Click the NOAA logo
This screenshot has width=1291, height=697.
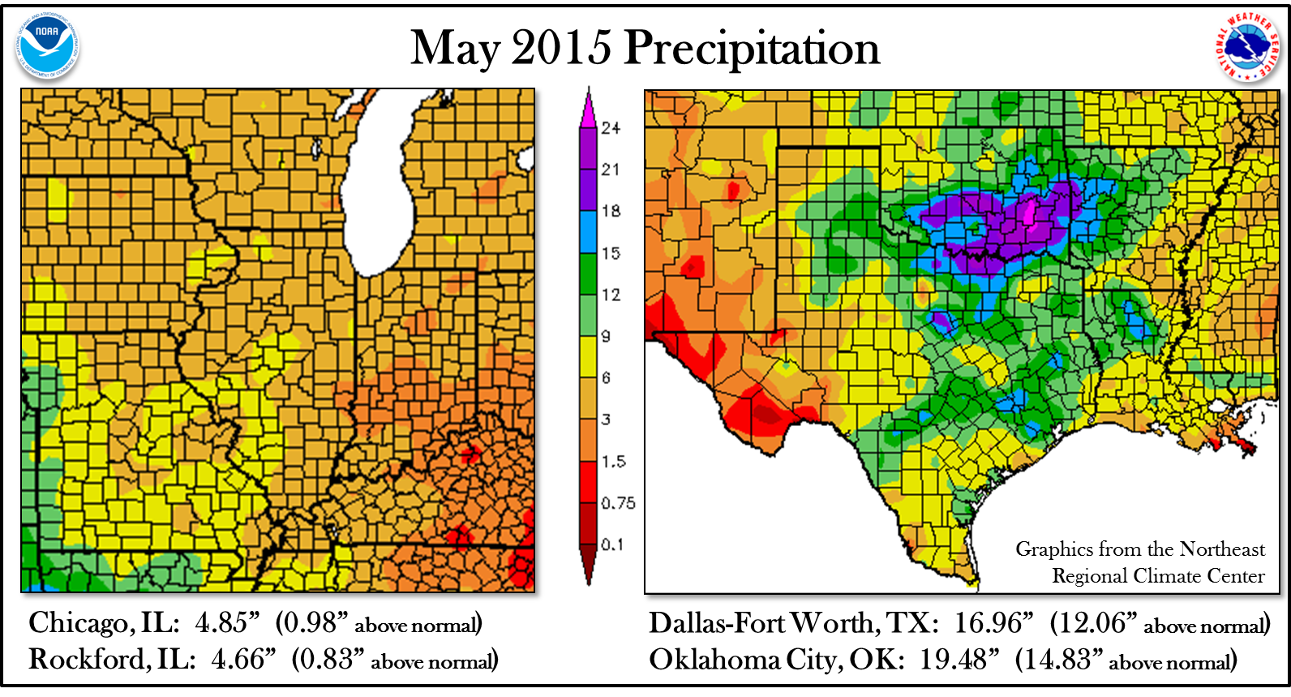coord(47,45)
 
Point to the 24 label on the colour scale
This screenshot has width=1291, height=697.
coord(611,128)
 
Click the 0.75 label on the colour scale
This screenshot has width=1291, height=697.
coord(617,503)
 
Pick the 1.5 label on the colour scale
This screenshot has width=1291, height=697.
coord(613,462)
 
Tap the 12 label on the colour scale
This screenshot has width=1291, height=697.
coord(611,295)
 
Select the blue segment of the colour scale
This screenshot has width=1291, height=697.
coord(588,232)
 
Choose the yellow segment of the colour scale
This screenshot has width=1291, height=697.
coord(588,357)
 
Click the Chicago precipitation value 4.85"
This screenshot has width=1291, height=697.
coord(226,623)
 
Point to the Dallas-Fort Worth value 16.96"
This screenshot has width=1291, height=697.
coord(993,623)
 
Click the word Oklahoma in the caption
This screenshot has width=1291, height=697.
coord(714,659)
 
